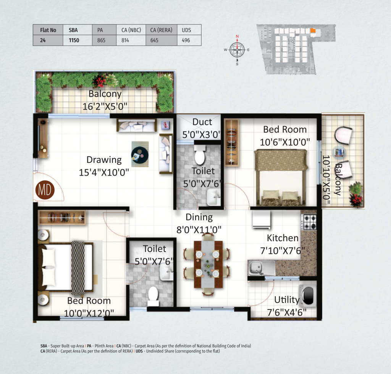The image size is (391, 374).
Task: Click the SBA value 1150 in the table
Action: (x=74, y=40)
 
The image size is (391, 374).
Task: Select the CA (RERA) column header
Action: (x=161, y=30)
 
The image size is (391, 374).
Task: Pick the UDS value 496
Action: (x=186, y=40)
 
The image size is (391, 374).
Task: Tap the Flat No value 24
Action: (x=43, y=40)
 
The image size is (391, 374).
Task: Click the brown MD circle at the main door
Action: (x=45, y=190)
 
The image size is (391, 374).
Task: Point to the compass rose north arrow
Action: (x=237, y=40)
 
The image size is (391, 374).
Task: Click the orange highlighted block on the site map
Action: (x=313, y=31)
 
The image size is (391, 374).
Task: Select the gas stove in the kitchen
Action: (x=309, y=222)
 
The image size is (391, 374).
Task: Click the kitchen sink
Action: (x=261, y=268)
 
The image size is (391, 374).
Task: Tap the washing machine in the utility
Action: (x=308, y=296)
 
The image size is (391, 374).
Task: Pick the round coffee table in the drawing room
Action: (x=140, y=155)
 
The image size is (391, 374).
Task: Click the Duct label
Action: (x=202, y=122)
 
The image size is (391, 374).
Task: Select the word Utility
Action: (x=287, y=300)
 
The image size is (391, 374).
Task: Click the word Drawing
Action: (x=104, y=160)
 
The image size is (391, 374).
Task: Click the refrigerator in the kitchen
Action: (x=261, y=220)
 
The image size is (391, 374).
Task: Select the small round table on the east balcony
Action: (x=339, y=152)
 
